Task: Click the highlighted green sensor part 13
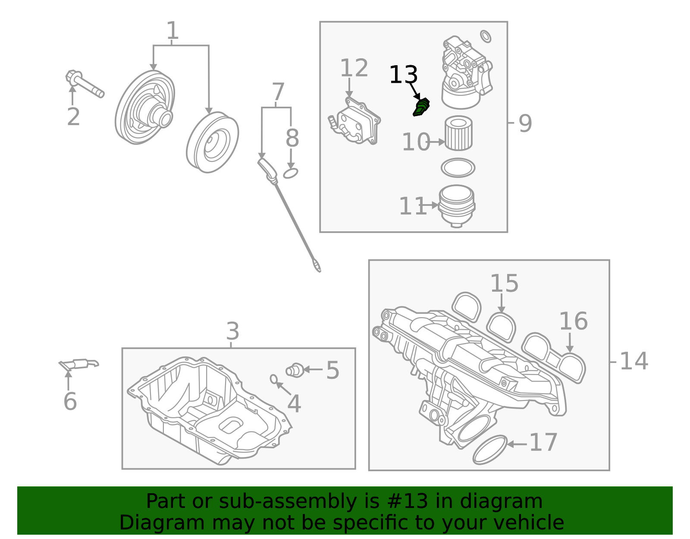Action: coord(421,107)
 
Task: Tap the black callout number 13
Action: coord(403,75)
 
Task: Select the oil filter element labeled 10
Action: coord(458,133)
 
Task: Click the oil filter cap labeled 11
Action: coord(457,205)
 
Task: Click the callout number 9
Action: coord(525,123)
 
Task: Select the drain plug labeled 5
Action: coord(295,370)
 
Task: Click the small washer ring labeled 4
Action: coord(273,379)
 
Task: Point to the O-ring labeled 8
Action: coord(291,173)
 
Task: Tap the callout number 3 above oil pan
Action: coord(232,332)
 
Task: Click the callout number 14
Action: coord(634,361)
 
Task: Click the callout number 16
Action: coord(573,322)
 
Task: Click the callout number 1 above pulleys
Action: coord(172,31)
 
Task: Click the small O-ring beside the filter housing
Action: coord(486,37)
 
